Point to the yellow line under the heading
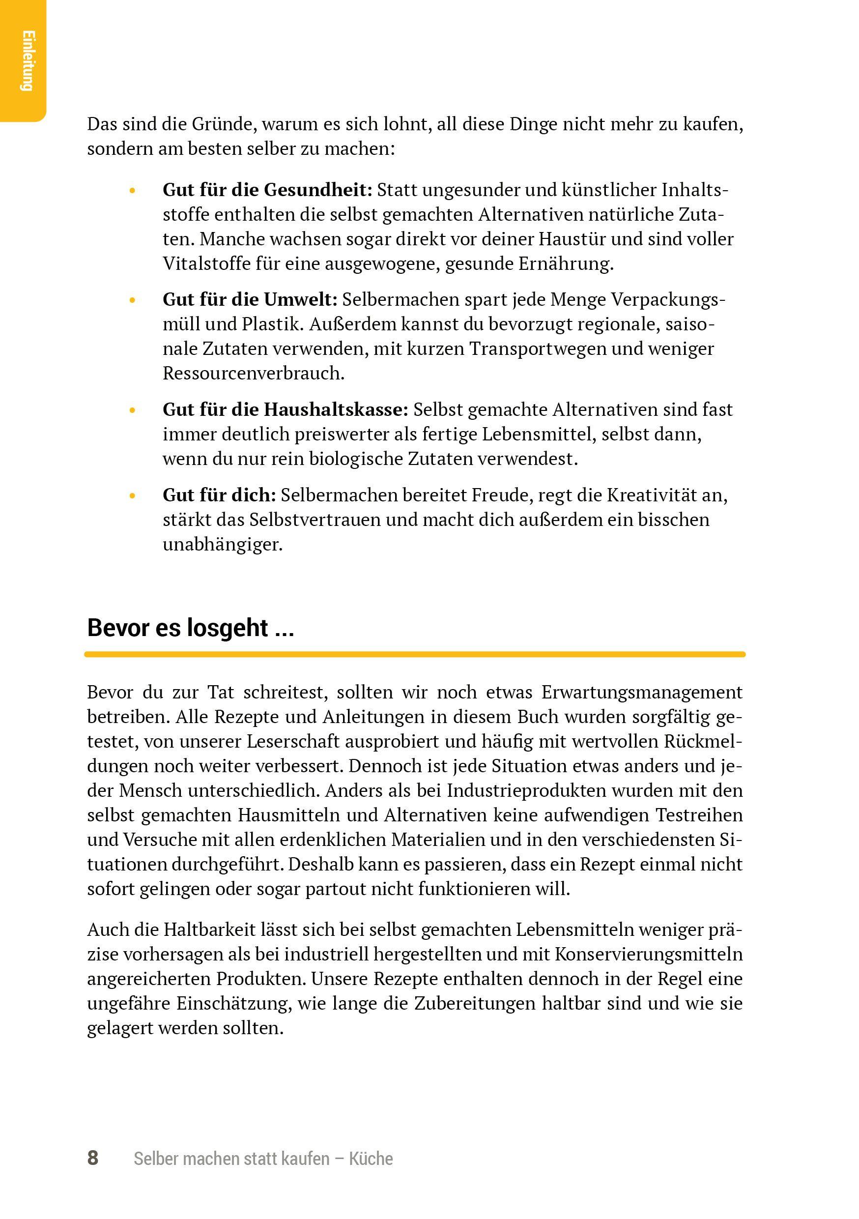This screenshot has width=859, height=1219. click(x=415, y=655)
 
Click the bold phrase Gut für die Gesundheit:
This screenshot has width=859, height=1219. click(x=267, y=190)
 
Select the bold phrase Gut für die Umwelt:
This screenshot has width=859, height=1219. click(x=250, y=300)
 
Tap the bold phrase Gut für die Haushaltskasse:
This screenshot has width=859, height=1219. click(x=285, y=410)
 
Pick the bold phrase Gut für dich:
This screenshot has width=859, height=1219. click(x=219, y=495)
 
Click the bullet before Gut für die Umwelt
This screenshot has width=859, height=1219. click(x=133, y=300)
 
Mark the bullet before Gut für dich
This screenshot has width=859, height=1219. click(x=133, y=496)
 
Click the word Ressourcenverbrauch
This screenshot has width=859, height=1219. click(x=253, y=373)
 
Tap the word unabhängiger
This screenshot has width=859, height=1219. click(x=223, y=545)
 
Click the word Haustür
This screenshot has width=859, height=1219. click(x=572, y=239)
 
